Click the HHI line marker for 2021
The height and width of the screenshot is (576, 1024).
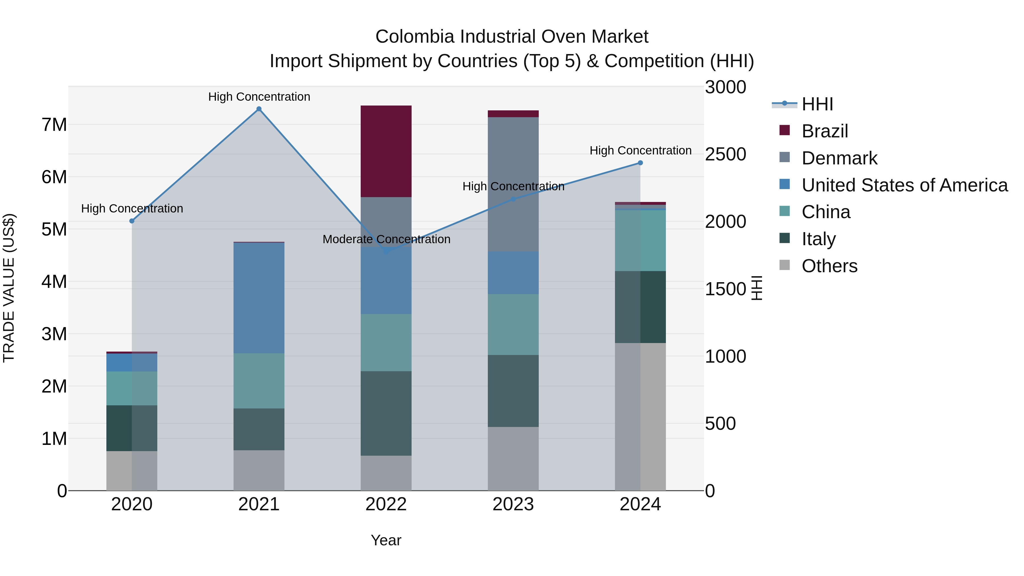tap(259, 109)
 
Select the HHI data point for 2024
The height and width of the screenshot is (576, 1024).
tap(640, 163)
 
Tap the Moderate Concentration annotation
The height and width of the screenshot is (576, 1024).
tap(386, 239)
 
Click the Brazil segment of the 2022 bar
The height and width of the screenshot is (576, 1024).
tap(386, 151)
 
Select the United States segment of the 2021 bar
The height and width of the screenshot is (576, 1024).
tap(259, 298)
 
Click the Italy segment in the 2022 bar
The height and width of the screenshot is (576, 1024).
tap(386, 413)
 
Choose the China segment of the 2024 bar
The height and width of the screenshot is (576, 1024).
tap(640, 240)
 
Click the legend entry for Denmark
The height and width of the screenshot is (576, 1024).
tap(839, 158)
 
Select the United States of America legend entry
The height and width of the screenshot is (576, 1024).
tap(904, 185)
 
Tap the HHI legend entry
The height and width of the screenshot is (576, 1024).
tap(817, 104)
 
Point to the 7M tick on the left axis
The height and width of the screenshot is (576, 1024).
tap(54, 125)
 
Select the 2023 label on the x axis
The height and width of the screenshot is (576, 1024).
tap(513, 504)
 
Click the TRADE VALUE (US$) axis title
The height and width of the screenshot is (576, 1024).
tap(9, 288)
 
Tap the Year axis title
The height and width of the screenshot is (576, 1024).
tap(386, 540)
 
